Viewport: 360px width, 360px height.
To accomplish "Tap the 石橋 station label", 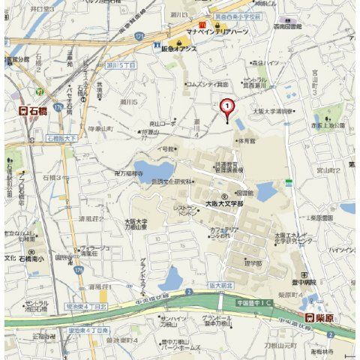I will pyautogui.click(x=33, y=110).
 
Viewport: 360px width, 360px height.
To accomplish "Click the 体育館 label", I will pyautogui.click(x=245, y=140).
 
